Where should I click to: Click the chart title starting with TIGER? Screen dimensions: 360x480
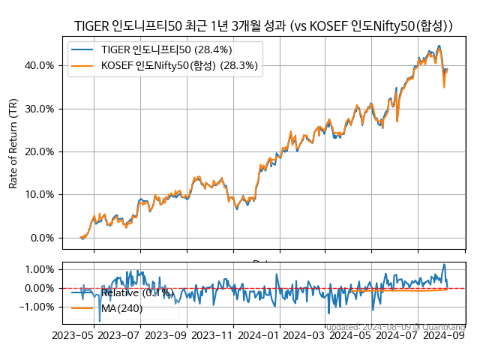point(263,26)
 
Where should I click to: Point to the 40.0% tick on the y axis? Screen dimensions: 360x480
point(38,65)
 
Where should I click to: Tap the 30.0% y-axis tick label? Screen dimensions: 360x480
point(38,109)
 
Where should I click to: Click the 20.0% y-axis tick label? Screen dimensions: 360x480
point(38,151)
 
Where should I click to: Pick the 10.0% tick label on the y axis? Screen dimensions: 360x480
point(38,195)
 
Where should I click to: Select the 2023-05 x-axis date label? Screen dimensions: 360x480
point(73,335)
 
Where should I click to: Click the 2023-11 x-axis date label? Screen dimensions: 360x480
point(212,335)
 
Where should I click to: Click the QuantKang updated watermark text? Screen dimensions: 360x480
point(394,327)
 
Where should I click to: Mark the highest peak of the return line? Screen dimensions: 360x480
point(439,46)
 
